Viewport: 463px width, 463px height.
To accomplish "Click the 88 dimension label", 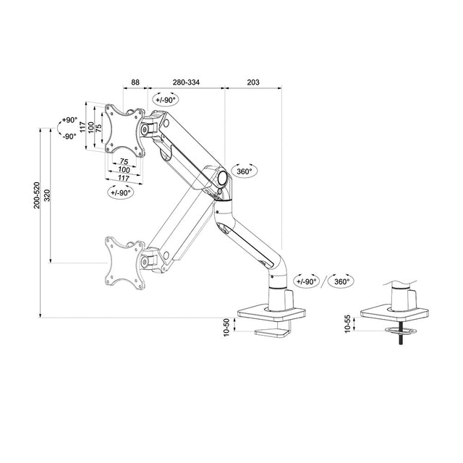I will pos(135,83).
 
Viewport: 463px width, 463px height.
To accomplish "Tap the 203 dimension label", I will pos(253,83).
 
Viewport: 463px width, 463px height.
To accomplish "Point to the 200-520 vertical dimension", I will pos(37,195).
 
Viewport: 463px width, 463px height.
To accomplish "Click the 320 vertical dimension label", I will pos(47,195).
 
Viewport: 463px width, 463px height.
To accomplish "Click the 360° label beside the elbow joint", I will pos(244,171).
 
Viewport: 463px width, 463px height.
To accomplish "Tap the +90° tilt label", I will pos(69,120).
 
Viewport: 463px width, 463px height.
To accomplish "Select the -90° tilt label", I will pos(69,136).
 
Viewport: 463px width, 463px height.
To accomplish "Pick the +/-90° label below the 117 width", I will pos(121,192).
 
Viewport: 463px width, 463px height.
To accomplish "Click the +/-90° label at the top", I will pos(165,100).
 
